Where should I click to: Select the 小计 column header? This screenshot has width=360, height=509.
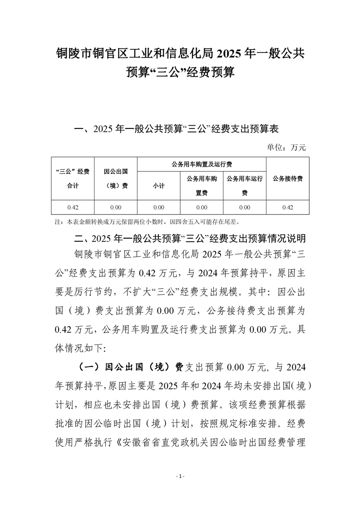pos(158,186)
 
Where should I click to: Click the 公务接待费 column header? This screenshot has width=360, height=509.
pos(288,179)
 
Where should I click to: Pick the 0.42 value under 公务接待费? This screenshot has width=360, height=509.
pos(288,207)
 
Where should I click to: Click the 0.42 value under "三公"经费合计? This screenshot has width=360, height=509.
pos(73,207)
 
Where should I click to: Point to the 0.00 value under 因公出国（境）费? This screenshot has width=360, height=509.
pos(116,207)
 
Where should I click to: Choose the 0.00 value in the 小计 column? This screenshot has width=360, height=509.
pos(158,207)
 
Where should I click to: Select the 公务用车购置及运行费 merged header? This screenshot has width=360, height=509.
pos(202,164)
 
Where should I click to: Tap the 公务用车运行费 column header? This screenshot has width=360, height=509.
pos(245,186)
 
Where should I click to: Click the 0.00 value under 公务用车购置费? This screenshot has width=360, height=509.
pos(202,207)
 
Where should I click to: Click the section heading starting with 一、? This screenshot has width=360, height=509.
pos(176,129)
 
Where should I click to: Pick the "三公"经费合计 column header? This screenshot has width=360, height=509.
pos(73,179)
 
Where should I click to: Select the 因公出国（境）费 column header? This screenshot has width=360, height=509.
pos(116,179)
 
